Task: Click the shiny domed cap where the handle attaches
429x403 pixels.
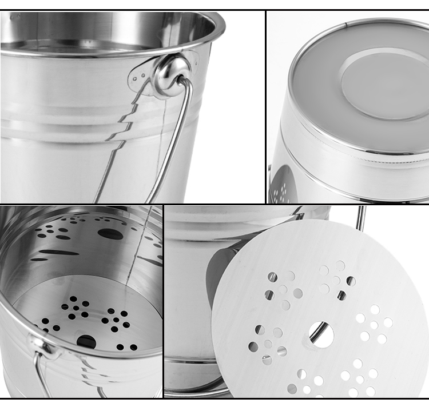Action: (170, 71)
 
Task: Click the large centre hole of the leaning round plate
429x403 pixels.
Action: (321, 335)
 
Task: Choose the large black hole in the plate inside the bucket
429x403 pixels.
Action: (86, 341)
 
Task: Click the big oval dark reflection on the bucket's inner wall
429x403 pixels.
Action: (110, 234)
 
